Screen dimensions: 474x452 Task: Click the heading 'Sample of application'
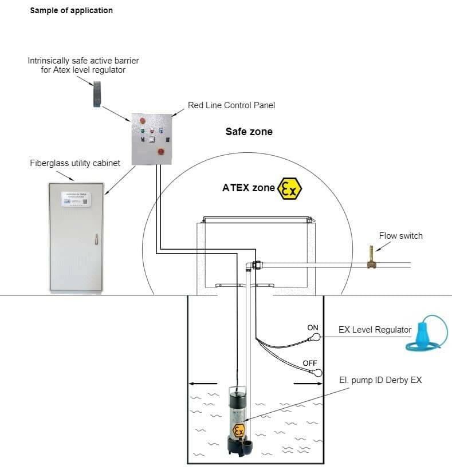[x=71, y=10]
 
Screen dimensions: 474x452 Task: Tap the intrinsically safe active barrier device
[x=97, y=94]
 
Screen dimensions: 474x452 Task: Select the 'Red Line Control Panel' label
[x=231, y=105]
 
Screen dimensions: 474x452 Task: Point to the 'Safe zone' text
[x=249, y=132]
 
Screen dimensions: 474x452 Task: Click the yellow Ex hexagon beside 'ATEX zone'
[x=289, y=188]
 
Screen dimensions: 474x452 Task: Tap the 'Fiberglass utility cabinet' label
[x=75, y=163]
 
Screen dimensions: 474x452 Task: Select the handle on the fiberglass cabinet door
[x=97, y=237]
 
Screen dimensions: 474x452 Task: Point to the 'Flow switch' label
[x=400, y=235]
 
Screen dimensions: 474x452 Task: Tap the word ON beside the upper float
[x=313, y=328]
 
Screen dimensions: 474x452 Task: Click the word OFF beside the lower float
[x=310, y=364]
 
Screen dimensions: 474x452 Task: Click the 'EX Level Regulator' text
[x=375, y=330]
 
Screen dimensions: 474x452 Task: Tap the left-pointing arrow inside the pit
[x=203, y=383]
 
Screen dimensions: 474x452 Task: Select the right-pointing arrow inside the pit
[x=302, y=383]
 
